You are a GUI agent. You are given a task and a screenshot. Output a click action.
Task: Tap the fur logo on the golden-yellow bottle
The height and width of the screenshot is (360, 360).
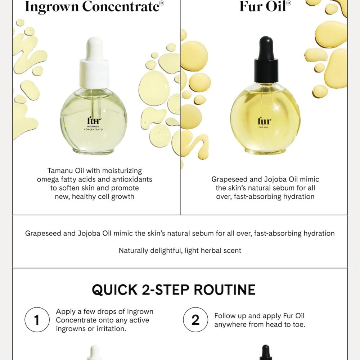[265, 121]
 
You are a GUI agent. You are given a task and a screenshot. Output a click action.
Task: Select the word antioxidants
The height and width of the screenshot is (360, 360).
[130, 179]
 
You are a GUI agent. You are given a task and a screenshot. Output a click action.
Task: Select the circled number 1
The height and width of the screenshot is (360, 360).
[37, 320]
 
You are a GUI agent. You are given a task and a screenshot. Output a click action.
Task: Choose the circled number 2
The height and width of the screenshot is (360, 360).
[195, 320]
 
